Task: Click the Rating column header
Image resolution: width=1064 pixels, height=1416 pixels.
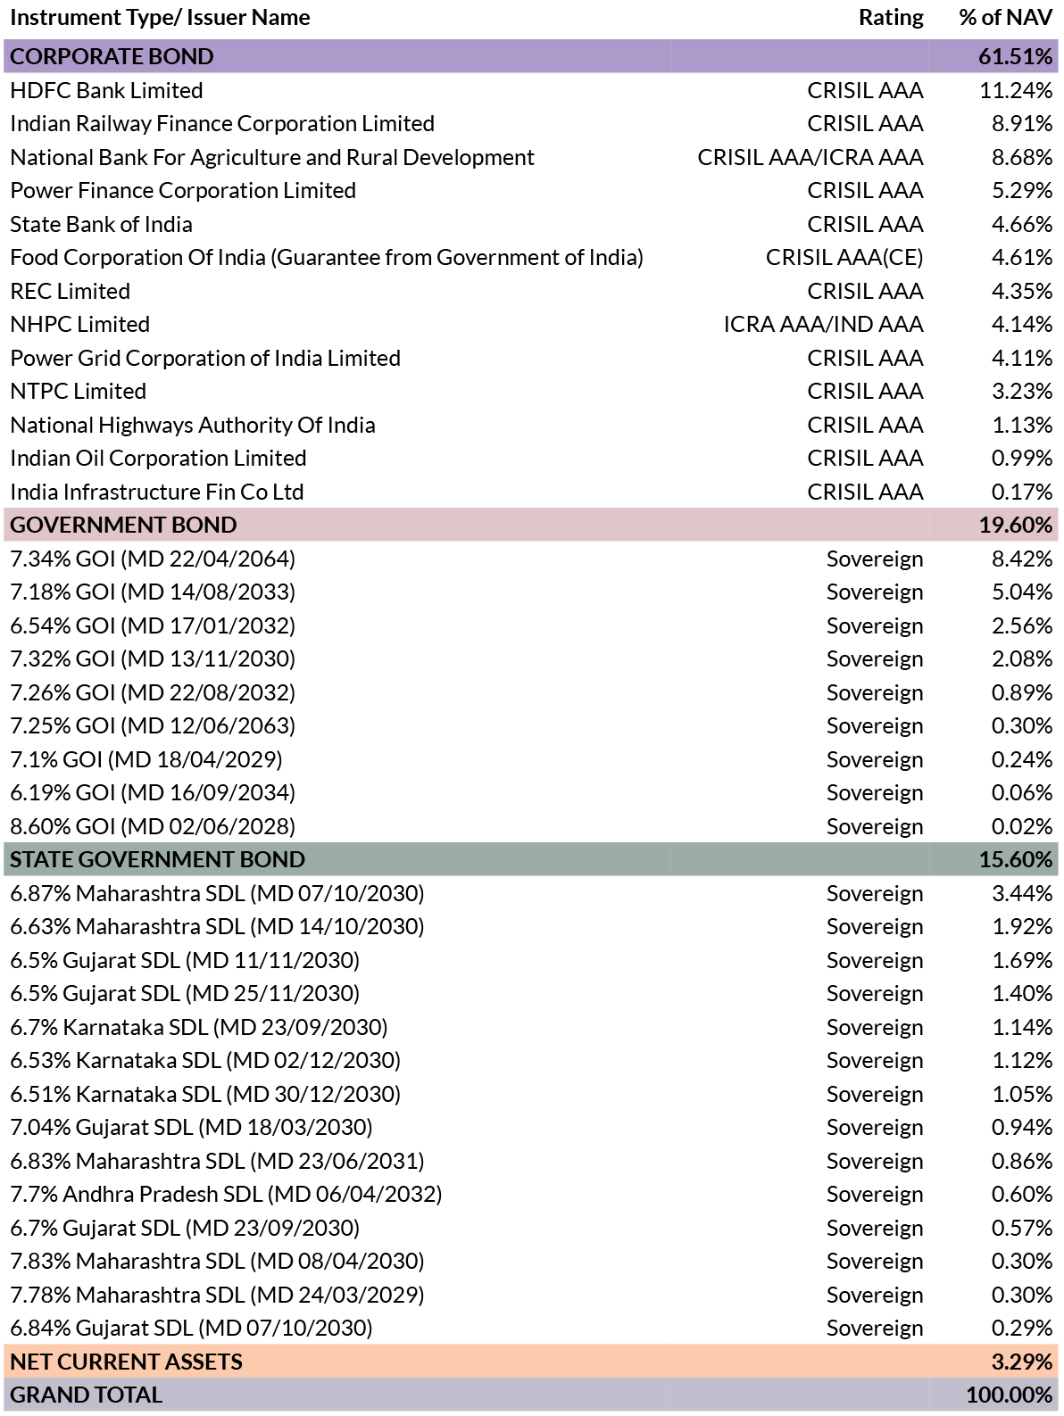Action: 891,18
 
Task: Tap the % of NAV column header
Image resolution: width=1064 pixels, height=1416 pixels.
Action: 1005,18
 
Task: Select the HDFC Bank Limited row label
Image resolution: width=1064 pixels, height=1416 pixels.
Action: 106,90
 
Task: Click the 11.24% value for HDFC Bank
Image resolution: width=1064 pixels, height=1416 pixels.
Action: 1016,90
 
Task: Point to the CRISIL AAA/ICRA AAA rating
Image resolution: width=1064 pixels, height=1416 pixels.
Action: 810,157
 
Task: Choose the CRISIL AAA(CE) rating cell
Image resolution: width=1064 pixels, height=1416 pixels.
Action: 844,257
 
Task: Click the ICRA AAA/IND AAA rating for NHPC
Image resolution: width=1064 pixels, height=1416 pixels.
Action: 823,324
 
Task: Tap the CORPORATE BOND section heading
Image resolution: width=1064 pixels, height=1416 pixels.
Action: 112,57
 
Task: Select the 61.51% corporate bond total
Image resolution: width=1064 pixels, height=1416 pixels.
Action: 1015,57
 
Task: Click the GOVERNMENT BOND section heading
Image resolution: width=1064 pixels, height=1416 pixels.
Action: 123,526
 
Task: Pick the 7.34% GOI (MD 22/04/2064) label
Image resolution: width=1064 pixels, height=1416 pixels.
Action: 153,559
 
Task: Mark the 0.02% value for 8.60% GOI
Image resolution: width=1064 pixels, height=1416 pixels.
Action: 1021,826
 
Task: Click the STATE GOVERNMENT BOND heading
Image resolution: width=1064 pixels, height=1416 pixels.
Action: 157,860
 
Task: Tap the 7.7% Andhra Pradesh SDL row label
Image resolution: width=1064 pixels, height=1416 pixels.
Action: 226,1194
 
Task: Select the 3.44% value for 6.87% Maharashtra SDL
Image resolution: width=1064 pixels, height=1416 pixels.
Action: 1022,893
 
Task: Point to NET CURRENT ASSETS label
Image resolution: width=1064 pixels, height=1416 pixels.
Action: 127,1362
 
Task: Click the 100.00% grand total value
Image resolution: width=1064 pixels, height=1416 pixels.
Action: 1010,1395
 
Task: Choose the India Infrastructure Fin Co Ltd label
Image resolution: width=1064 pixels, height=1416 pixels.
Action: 157,492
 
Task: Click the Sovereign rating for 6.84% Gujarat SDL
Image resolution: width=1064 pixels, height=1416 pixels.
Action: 874,1329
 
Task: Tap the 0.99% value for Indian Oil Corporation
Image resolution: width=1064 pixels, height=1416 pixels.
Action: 1021,458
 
